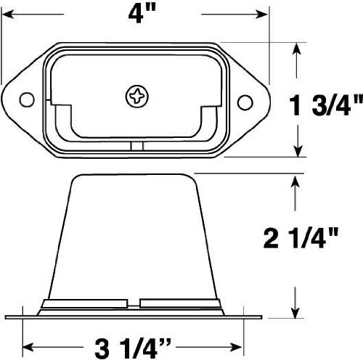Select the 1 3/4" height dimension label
pyautogui.click(x=326, y=105)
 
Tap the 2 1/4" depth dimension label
pyautogui.click(x=301, y=238)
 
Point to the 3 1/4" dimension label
pyautogui.click(x=132, y=348)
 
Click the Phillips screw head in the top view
pyautogui.click(x=137, y=97)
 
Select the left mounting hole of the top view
pyautogui.click(x=27, y=99)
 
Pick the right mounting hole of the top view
pyautogui.click(x=245, y=102)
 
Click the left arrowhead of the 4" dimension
pyautogui.click(x=8, y=14)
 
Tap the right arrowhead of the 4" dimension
pyautogui.click(x=261, y=15)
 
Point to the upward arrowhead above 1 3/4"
pyautogui.click(x=297, y=49)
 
